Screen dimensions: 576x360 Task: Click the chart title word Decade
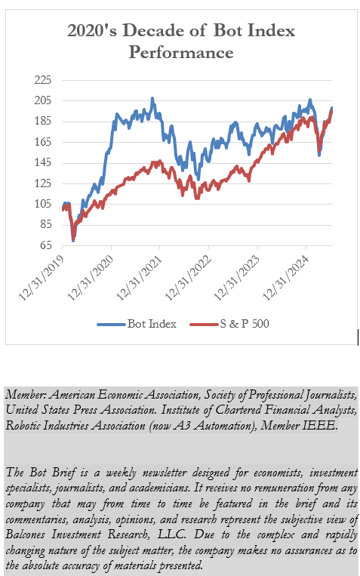pos(149,32)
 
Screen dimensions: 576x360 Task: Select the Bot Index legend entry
pos(137,324)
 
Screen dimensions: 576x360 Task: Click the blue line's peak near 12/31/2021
pos(152,98)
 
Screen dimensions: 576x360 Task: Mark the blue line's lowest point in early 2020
pos(73,239)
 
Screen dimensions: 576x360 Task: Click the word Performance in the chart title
pos(180,53)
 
